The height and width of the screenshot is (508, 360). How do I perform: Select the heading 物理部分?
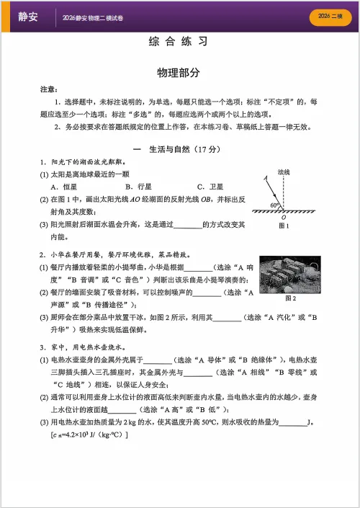[181, 73]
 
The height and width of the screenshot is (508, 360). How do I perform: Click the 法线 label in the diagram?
[284, 173]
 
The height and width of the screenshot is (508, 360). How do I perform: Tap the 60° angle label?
[275, 205]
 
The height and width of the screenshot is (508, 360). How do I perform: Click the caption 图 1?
[283, 226]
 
